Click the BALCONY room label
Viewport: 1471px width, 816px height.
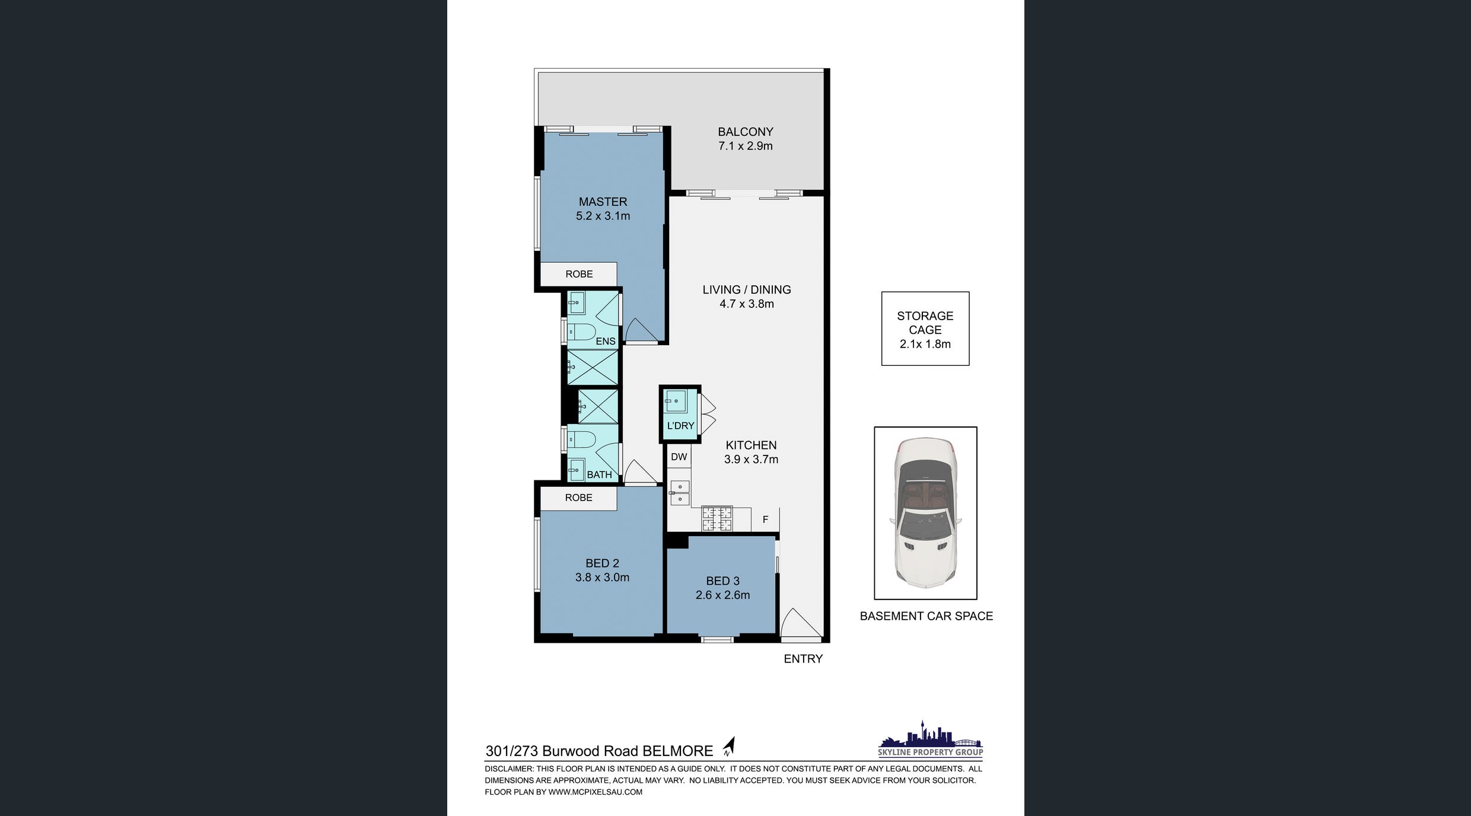tap(746, 132)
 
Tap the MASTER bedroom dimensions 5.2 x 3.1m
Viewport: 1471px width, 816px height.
tap(603, 216)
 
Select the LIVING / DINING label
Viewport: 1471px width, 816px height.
tap(747, 289)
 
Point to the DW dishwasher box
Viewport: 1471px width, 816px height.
tap(679, 457)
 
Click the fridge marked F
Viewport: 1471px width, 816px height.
tap(765, 519)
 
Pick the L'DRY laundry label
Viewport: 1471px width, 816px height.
tap(680, 426)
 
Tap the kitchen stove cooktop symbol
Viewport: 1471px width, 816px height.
tap(717, 518)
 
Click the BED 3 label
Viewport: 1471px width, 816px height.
tap(722, 581)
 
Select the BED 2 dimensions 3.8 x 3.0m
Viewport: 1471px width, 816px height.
tap(602, 577)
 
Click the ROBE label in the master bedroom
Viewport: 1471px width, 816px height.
tap(579, 274)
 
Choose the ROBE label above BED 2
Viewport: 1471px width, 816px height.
tap(578, 498)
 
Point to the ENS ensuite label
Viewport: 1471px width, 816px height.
tap(606, 341)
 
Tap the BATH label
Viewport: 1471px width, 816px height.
tap(599, 474)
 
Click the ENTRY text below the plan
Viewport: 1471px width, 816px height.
tap(803, 659)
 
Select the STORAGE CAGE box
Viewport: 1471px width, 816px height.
tap(925, 329)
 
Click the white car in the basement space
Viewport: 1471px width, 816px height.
tap(925, 512)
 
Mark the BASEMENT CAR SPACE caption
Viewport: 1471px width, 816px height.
tap(926, 616)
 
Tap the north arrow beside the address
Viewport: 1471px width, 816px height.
tap(729, 746)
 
